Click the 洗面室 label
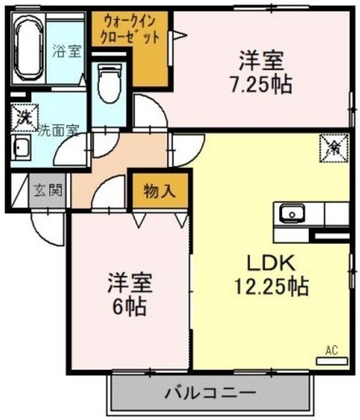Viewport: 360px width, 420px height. [58, 130]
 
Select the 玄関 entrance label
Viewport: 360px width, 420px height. [48, 192]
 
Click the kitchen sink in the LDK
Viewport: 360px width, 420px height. [290, 213]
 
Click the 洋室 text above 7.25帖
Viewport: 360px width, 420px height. [261, 61]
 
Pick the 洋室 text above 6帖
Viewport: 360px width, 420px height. [130, 283]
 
